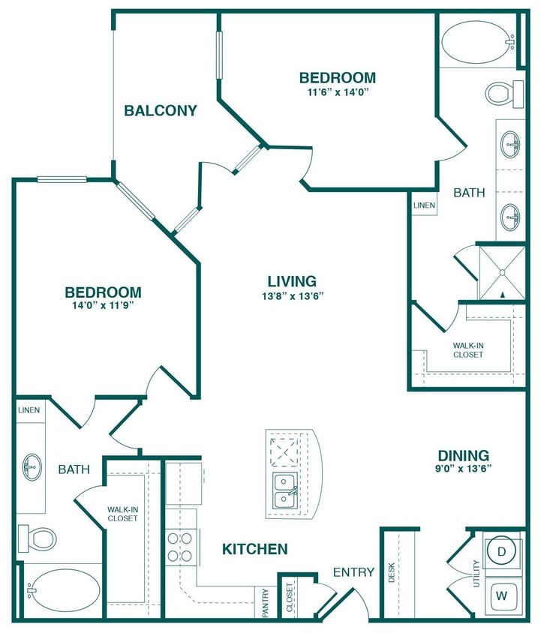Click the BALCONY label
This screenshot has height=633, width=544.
point(161,111)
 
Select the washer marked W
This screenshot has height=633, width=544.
point(502,597)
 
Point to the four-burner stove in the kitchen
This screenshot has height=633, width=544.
point(180,547)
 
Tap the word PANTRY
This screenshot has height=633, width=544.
point(266,602)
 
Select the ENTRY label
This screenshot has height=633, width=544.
point(353,572)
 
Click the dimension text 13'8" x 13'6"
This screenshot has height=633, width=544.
point(292,295)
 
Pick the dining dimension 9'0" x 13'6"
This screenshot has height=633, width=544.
point(464,469)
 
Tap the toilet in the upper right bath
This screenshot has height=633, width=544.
point(502,93)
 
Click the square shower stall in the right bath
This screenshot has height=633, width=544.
point(502,271)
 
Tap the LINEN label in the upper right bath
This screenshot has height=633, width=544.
point(423,205)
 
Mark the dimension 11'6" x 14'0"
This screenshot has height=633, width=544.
point(337,91)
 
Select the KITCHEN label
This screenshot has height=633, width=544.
point(255,550)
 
